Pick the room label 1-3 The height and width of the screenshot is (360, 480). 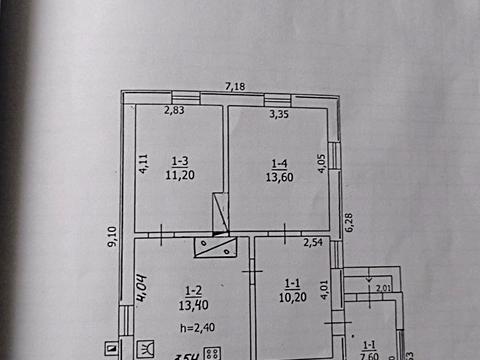[180, 160]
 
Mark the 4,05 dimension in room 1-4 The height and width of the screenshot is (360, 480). [321, 164]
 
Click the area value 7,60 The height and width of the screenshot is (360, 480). [369, 353]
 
